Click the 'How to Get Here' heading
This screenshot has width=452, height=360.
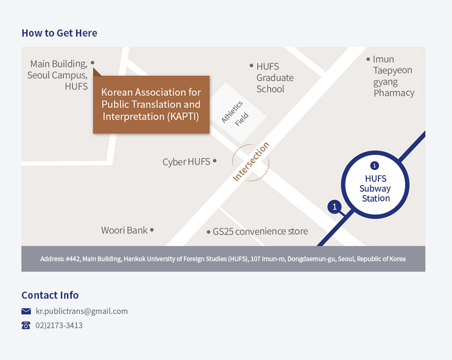59,33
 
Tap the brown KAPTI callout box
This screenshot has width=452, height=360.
151,104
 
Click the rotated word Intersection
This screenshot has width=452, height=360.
250,162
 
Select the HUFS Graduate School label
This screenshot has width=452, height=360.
275,78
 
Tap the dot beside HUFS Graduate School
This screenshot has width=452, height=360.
251,66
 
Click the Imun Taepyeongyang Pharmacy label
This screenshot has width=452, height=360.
393,76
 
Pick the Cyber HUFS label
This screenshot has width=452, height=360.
186,162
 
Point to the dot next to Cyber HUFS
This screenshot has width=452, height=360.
215,161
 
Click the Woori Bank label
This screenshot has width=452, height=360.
125,230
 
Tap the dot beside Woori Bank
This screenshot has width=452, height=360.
152,230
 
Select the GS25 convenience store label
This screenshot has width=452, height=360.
260,231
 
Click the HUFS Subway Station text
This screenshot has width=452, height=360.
375,189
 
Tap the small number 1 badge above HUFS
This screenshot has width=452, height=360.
375,166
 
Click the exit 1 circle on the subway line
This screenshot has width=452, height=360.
335,207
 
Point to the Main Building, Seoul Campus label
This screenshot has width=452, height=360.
58,75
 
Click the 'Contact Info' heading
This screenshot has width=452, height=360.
50,295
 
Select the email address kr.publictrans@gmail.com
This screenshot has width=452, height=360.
82,312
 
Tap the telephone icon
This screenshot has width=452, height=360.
26,325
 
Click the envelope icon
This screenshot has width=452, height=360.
26,312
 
